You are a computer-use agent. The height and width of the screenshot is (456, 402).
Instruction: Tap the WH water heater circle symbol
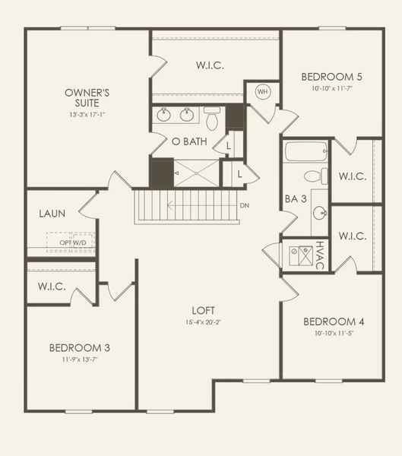[262, 91]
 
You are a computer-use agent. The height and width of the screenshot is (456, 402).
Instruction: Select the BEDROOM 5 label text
[331, 77]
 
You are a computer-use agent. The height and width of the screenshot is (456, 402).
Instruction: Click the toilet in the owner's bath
[212, 117]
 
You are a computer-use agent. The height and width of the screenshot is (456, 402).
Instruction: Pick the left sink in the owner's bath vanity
[164, 116]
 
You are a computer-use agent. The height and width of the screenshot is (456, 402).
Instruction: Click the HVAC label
[320, 255]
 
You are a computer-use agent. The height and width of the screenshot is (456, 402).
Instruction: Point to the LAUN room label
[52, 214]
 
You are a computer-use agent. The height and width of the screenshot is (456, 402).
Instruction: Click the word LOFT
[203, 310]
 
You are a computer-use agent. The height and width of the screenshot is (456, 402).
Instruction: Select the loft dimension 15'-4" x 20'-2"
[203, 321]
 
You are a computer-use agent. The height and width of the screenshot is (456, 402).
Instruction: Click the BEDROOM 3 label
[80, 348]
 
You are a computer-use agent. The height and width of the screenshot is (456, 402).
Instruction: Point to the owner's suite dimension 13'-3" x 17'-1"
[87, 115]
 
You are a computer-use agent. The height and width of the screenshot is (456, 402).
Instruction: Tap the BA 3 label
[296, 199]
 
